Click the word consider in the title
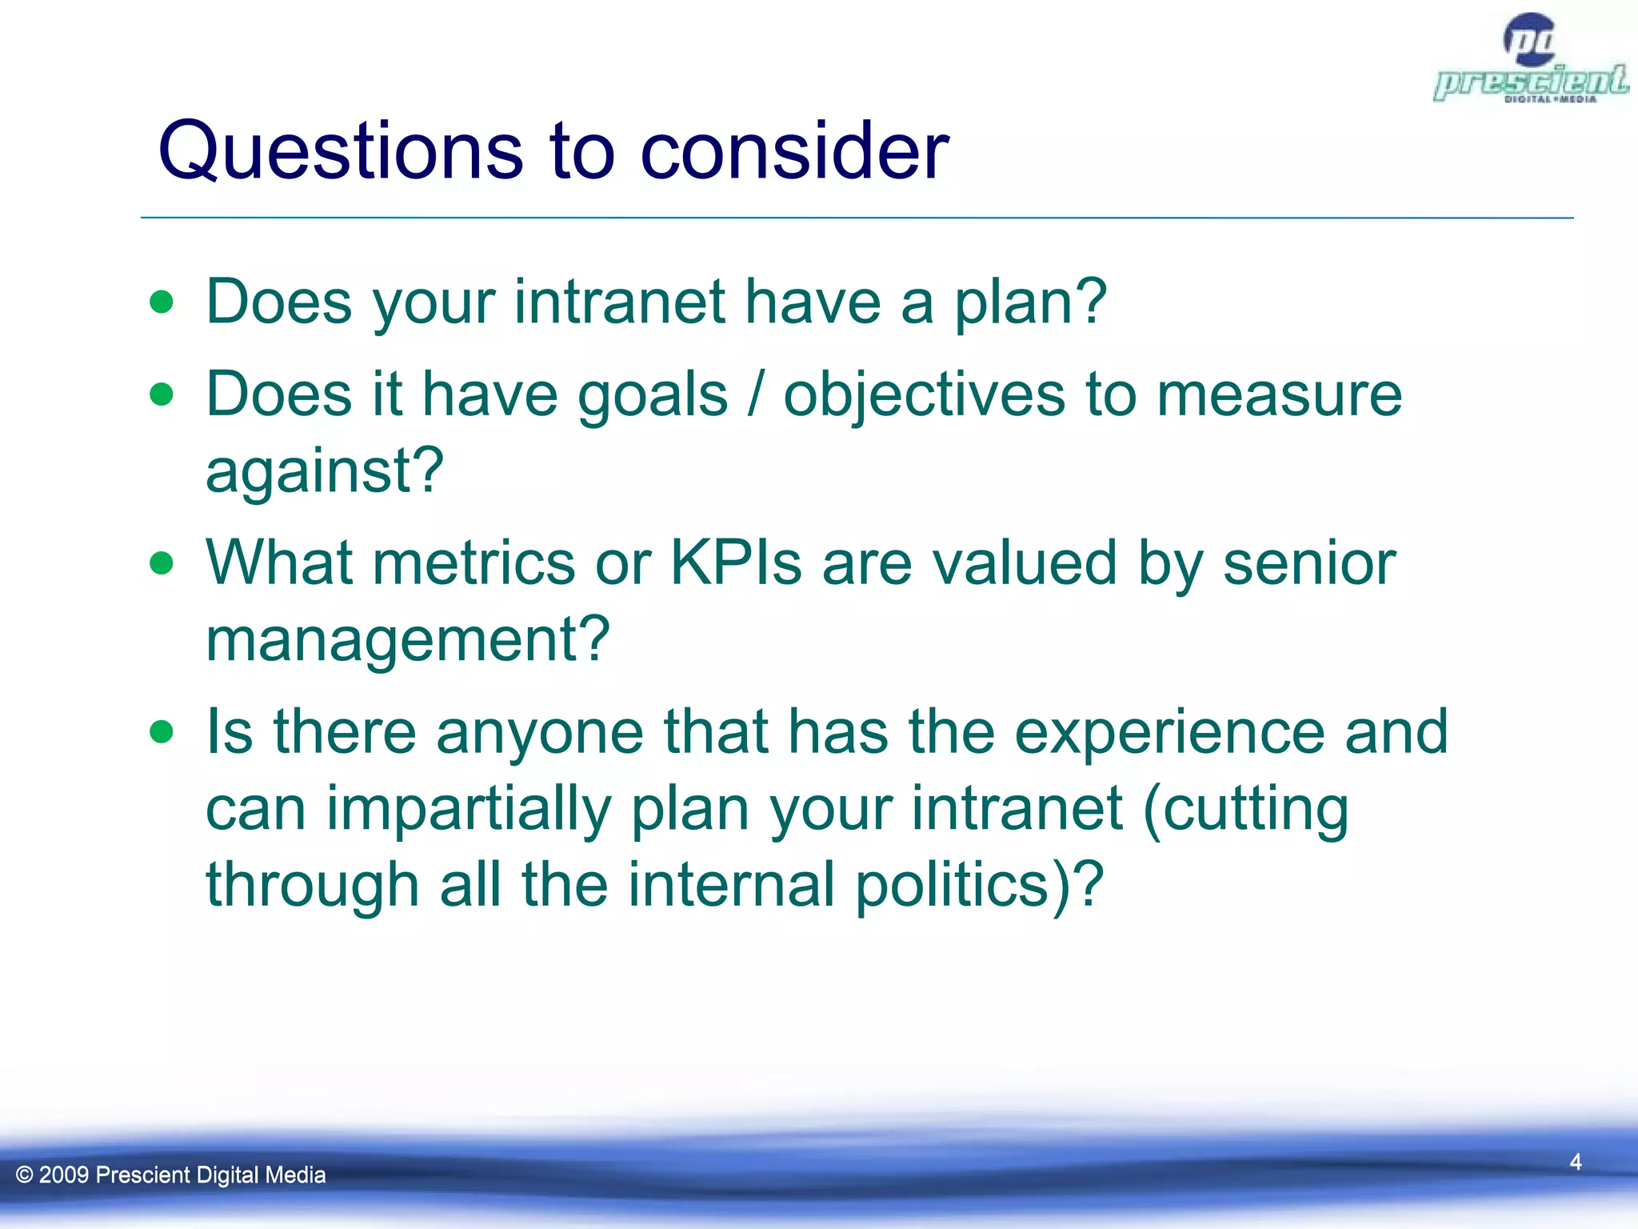(793, 152)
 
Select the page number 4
(1575, 1162)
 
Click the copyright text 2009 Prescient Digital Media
(171, 1175)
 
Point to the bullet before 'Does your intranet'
(162, 302)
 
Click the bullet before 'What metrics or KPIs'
(162, 563)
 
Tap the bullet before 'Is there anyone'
(162, 731)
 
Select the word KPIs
(735, 562)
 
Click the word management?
(408, 640)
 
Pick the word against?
(324, 470)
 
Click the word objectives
(924, 395)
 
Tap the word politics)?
(979, 885)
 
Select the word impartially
(469, 810)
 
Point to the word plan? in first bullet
(1030, 302)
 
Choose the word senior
(1309, 563)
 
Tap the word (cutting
(1246, 810)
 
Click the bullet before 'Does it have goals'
(162, 394)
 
